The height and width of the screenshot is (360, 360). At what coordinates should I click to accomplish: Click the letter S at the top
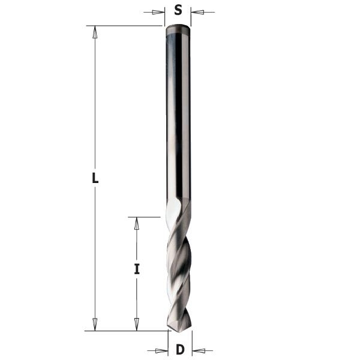[x=178, y=10]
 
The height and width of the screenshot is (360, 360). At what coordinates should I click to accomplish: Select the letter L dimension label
[x=95, y=178]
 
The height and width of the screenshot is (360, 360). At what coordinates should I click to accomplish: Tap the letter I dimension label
[x=137, y=269]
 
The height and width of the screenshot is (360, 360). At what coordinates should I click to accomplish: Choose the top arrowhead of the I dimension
[x=136, y=223]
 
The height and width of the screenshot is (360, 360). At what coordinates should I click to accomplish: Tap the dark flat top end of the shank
[x=178, y=28]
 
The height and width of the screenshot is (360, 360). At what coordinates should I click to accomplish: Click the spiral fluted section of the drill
[x=179, y=264]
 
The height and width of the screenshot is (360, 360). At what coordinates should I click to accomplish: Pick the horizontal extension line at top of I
[x=144, y=217]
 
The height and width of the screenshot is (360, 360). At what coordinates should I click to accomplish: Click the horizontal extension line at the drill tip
[x=126, y=330]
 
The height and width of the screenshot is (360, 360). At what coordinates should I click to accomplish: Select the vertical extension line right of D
[x=192, y=342]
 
